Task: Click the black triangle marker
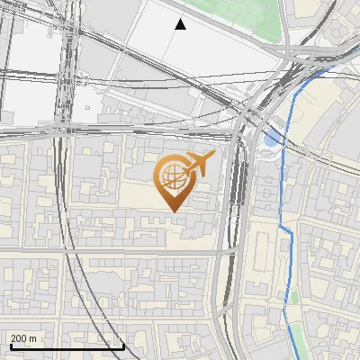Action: click(x=180, y=24)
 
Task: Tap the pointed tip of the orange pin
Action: click(x=171, y=211)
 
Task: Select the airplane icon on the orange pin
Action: click(x=200, y=164)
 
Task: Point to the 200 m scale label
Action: click(x=24, y=338)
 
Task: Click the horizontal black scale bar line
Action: click(x=67, y=346)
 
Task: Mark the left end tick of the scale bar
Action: click(x=11, y=344)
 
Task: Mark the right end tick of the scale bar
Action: click(x=123, y=344)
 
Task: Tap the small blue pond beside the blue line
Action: click(x=271, y=138)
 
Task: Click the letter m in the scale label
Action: click(x=33, y=338)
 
